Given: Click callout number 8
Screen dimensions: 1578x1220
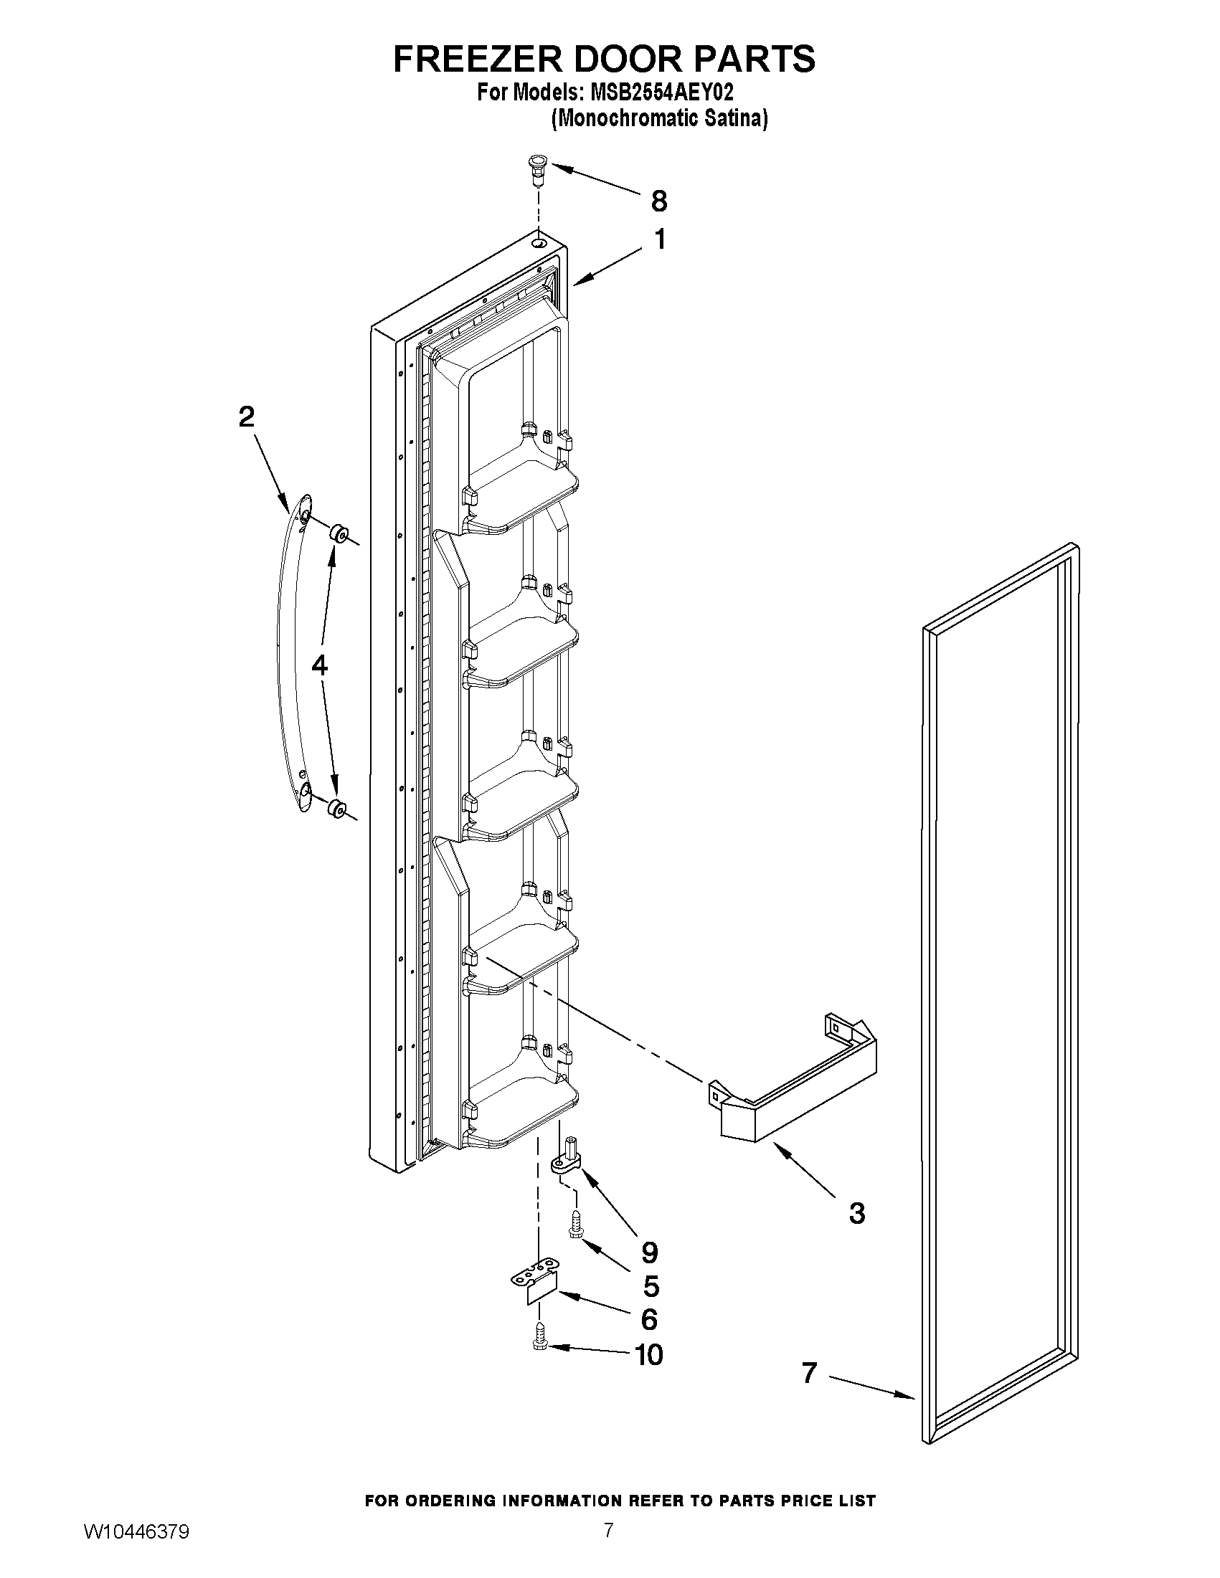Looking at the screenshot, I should (658, 201).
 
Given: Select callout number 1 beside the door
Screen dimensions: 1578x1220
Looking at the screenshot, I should (660, 240).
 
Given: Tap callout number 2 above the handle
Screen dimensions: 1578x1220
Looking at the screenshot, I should (247, 417).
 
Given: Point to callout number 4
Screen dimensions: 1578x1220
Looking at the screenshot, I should (319, 665).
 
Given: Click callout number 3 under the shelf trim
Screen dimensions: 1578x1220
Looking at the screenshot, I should (856, 1213).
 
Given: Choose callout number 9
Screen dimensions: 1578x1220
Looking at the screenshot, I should (649, 1251).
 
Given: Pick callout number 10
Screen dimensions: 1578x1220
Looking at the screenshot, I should (648, 1355).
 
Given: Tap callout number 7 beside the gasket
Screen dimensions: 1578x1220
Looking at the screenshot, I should (810, 1373).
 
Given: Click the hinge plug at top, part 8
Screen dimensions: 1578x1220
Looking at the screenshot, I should (536, 171).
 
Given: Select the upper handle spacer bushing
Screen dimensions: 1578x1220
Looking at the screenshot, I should (338, 534).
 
